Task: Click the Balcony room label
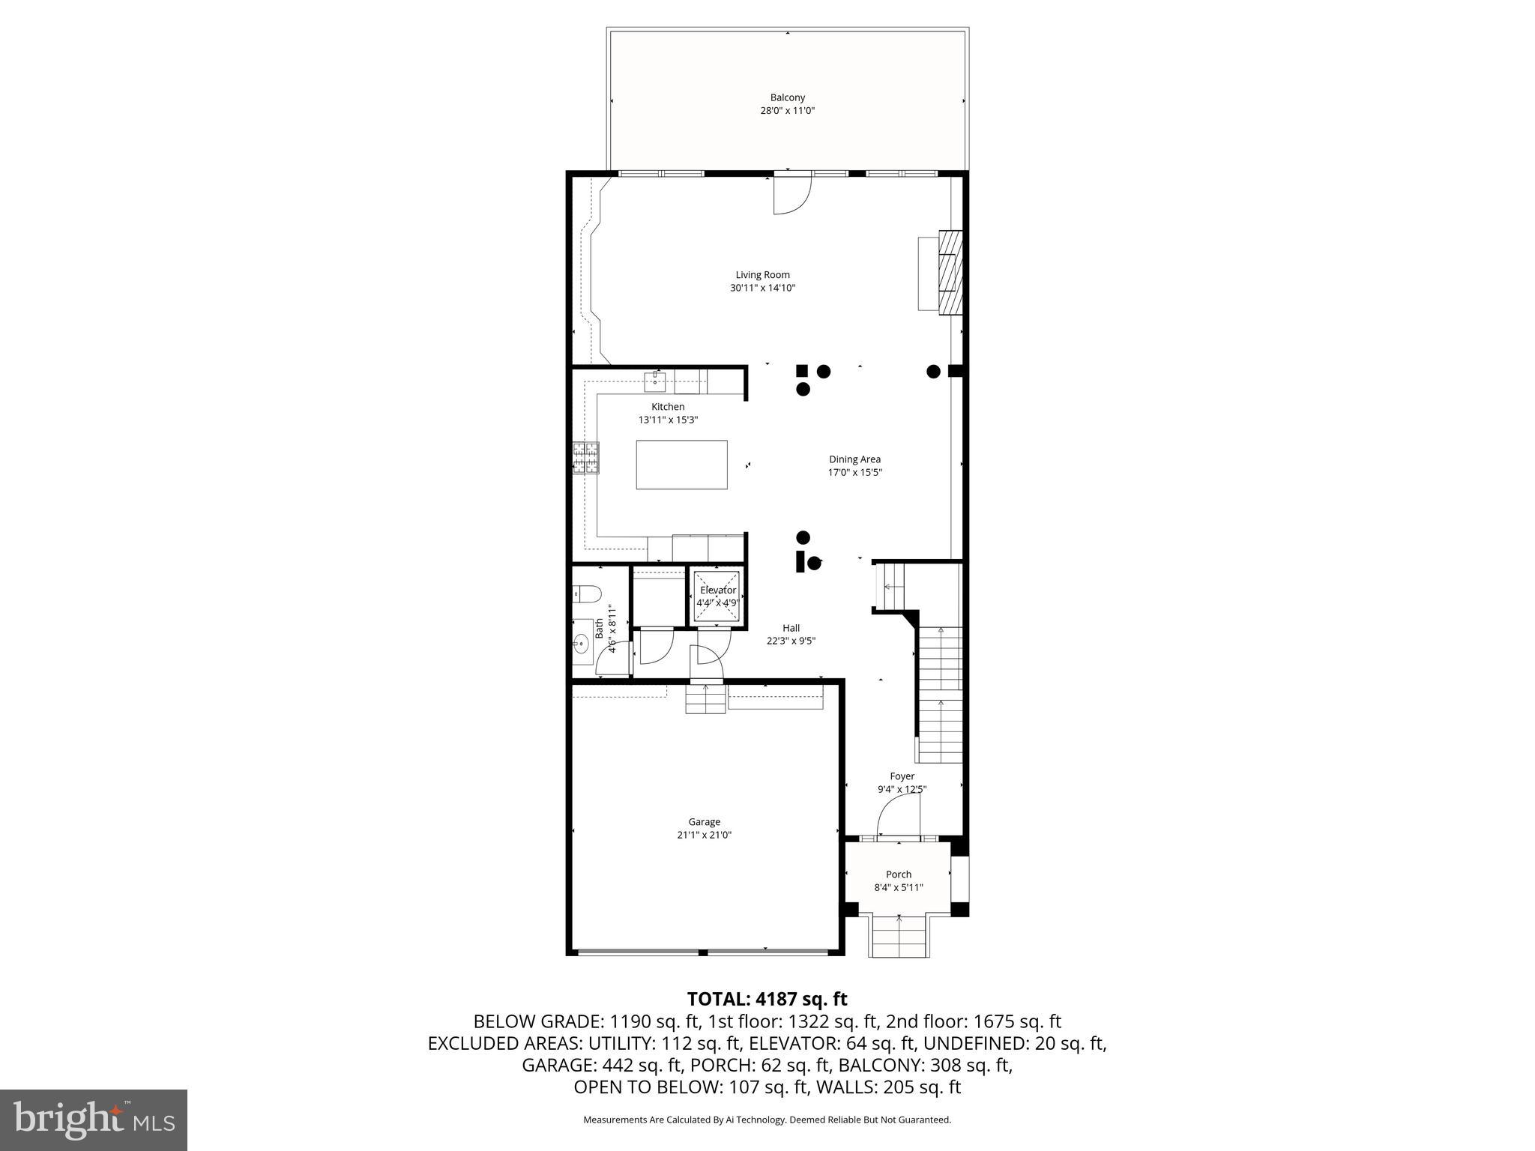click(787, 97)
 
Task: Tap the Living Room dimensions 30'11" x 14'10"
click(762, 288)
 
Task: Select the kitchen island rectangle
click(681, 465)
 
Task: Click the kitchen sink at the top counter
click(656, 381)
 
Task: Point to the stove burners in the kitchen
click(586, 458)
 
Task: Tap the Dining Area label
click(854, 459)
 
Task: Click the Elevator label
click(718, 590)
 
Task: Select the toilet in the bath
click(587, 595)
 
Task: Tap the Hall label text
click(791, 628)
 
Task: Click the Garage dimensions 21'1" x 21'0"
click(704, 835)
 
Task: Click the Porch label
click(899, 874)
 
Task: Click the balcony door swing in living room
click(791, 195)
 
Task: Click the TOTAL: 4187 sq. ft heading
click(767, 999)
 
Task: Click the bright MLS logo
click(94, 1120)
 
